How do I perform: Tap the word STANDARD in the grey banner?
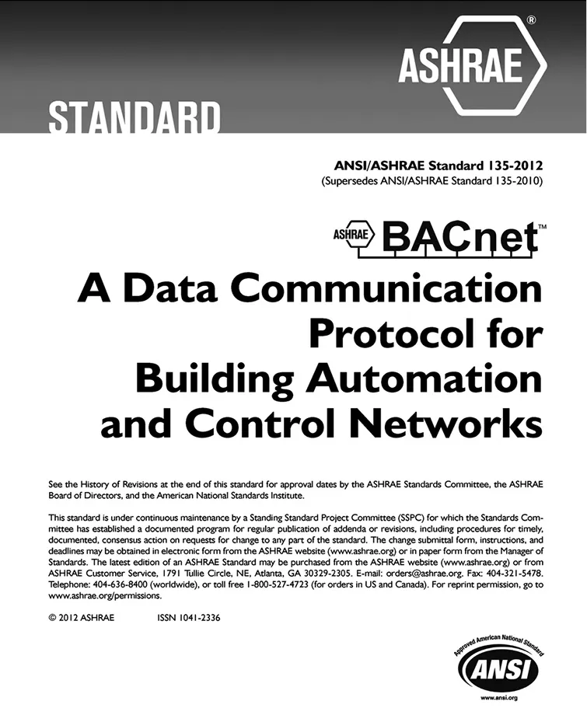[135, 118]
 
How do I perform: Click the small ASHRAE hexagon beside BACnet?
[354, 232]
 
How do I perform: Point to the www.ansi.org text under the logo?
[495, 698]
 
